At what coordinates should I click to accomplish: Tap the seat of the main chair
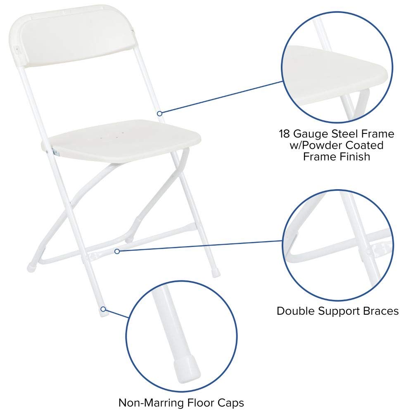point(124,140)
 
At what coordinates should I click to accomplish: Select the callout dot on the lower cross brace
point(117,251)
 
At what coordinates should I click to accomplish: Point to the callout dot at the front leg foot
point(102,309)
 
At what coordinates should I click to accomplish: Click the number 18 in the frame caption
point(285,134)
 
